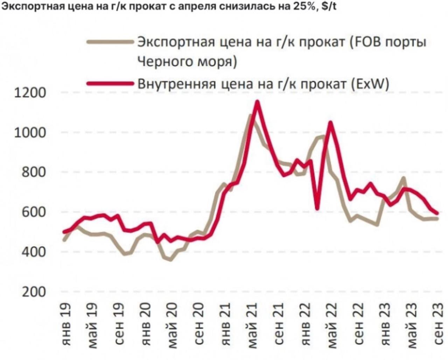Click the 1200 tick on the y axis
pos(30,93)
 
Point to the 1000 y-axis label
pos(30,133)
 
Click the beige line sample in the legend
pos(110,43)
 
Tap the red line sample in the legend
pos(110,84)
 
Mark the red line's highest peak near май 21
pos(257,102)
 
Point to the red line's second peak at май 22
pos(330,122)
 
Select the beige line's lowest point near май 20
pos(170,260)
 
